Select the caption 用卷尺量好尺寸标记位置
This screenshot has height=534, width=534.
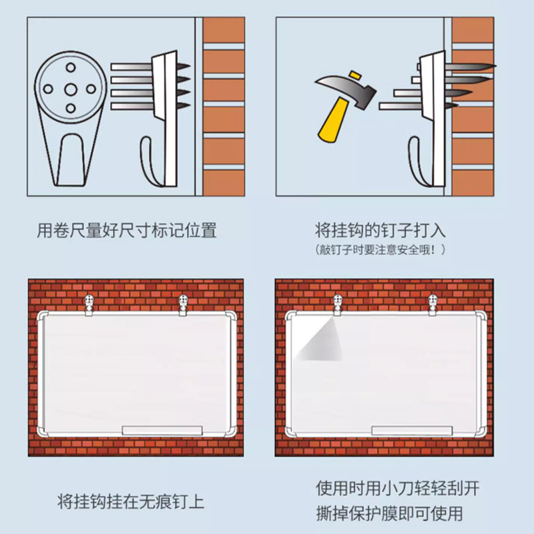(127, 232)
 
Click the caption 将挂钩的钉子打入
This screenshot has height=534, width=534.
(380, 232)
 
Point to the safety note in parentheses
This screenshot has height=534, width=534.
(380, 250)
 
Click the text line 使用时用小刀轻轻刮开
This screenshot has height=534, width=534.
(397, 488)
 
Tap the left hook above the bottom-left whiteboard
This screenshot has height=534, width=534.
(89, 304)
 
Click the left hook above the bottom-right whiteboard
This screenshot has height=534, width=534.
(337, 304)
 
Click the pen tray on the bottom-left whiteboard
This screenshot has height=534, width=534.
(162, 430)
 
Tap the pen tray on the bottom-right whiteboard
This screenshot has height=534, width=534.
(410, 430)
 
